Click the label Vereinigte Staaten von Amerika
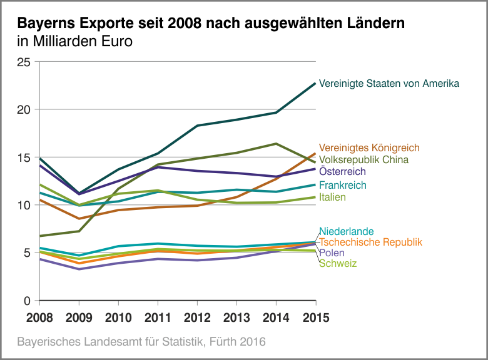click(x=389, y=83)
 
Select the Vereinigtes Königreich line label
click(x=369, y=148)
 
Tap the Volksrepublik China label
click(x=363, y=159)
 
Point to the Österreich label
click(x=342, y=171)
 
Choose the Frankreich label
click(x=343, y=185)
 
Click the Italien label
click(x=332, y=197)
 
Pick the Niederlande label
click(x=347, y=232)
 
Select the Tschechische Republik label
click(x=371, y=242)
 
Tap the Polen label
click(x=332, y=252)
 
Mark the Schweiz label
click(x=338, y=263)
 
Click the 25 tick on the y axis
click(x=24, y=62)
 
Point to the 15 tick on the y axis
click(x=24, y=157)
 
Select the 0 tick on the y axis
click(x=27, y=301)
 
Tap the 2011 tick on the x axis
click(x=157, y=317)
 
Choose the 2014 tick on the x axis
click(x=275, y=317)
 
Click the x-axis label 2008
click(x=39, y=317)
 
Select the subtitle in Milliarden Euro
click(x=75, y=42)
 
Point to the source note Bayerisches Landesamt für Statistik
click(x=141, y=342)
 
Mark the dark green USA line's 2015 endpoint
click(x=315, y=83)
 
